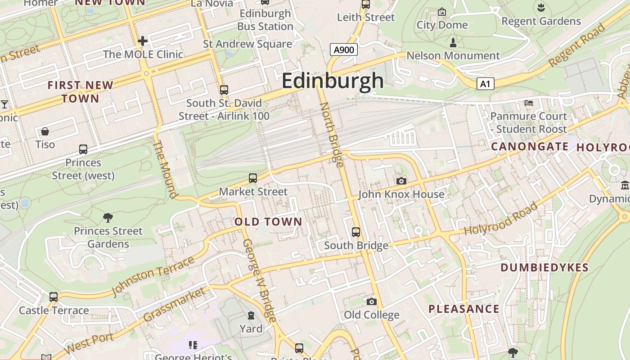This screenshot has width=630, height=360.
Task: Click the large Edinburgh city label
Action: tap(333, 81)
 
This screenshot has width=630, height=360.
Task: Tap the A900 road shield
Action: tap(343, 49)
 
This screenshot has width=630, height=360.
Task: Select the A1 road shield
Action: tap(485, 84)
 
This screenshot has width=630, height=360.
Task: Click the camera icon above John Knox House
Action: tap(401, 181)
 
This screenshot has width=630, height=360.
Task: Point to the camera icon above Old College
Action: tap(371, 301)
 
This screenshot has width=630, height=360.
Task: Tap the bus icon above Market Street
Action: tap(253, 178)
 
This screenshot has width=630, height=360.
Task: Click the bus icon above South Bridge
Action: tap(356, 232)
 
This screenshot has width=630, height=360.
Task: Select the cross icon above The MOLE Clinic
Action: tap(143, 41)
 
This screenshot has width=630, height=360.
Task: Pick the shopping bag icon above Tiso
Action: tap(45, 131)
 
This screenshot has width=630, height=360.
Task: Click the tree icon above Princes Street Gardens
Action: tap(108, 218)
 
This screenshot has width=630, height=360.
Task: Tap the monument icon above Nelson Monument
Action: tap(453, 43)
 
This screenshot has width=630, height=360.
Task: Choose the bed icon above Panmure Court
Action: tap(529, 103)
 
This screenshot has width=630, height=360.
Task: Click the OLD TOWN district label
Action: tap(268, 221)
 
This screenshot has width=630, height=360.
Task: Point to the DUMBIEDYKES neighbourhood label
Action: tap(544, 268)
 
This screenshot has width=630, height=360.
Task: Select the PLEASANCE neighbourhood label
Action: tap(463, 309)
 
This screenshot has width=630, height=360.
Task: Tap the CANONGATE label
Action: tap(530, 146)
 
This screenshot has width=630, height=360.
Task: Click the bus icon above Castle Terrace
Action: tap(54, 297)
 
